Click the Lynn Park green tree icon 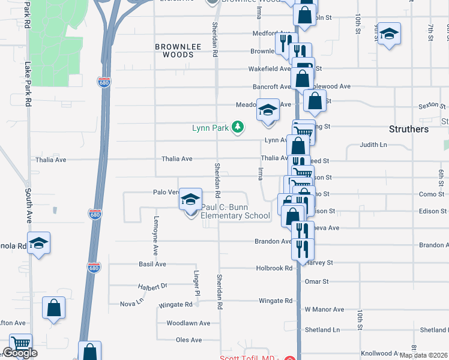(x=238, y=127)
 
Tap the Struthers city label (x=409, y=129)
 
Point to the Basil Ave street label (x=152, y=264)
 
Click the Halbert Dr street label (x=152, y=286)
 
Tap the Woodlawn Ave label (x=188, y=323)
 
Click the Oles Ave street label (x=188, y=340)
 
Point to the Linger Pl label (x=196, y=283)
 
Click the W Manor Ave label (x=324, y=310)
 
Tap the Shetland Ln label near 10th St (x=322, y=330)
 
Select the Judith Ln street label (x=373, y=145)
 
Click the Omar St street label (x=317, y=281)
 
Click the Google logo (x=20, y=353)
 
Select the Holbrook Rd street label (x=273, y=268)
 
